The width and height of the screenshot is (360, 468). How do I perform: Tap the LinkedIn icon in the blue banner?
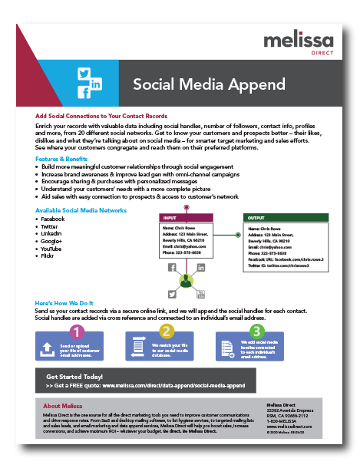pos(96,83)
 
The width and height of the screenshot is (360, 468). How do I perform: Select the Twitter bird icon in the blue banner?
pos(84,74)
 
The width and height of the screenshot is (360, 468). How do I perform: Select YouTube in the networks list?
pos(51,248)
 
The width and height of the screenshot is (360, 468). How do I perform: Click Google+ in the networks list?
pos(51,241)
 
